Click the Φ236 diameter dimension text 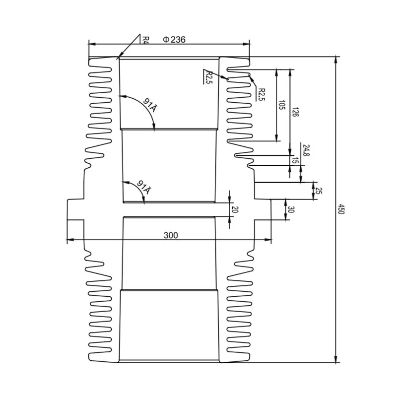coord(174,40)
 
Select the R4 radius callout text coord(145,39)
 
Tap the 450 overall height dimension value coord(341,209)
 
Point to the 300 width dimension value coord(170,235)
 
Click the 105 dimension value coord(281,105)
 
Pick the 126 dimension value coord(295,112)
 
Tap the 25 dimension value coord(319,191)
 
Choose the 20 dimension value coord(235,209)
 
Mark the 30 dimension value coord(291,210)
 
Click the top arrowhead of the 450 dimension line coord(337,59)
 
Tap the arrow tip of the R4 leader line coord(119,58)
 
